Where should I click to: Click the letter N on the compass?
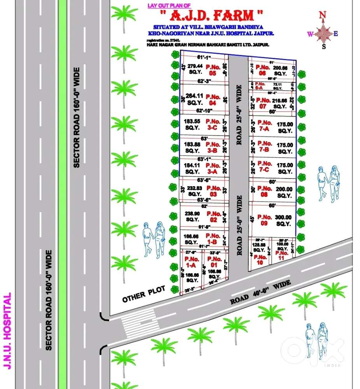pos(322,15)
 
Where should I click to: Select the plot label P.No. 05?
pos(213,70)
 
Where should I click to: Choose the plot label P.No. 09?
pos(265,220)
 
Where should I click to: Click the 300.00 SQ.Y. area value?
pos(284,220)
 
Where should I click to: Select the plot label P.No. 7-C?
pos(265,166)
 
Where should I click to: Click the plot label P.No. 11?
pos(282,255)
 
